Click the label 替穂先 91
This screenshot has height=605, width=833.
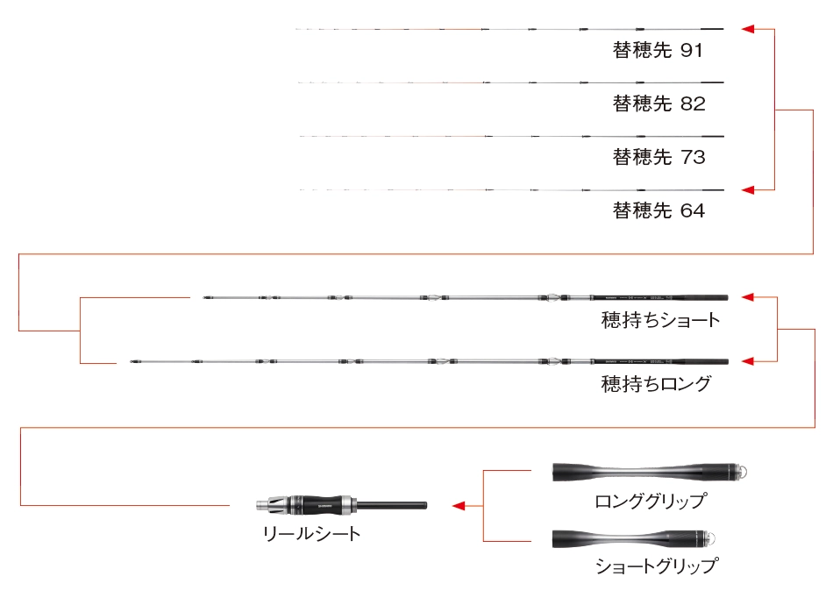658,50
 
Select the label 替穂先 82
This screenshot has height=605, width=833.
659,103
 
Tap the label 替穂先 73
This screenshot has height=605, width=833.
659,157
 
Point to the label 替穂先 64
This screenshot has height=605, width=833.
659,211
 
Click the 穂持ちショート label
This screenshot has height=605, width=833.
660,320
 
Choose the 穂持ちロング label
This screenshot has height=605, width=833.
656,384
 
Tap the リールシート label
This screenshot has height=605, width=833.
312,534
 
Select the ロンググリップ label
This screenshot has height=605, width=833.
651,502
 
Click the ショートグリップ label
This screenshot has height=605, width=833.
657,566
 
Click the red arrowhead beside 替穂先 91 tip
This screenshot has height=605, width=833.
747,29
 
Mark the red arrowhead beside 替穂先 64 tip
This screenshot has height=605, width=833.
747,189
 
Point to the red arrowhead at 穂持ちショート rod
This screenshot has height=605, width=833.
747,297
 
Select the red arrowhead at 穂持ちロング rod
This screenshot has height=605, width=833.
747,362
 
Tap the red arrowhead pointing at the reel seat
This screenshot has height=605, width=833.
459,506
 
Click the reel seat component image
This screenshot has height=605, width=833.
341,505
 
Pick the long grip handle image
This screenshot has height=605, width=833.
648,472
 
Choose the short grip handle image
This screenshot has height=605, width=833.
634,538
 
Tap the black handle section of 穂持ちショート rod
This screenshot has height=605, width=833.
659,297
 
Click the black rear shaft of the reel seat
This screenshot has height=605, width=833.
392,505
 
